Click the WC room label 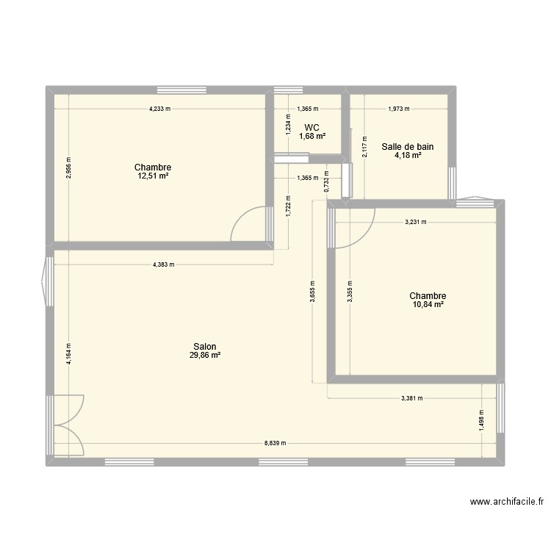click(311, 127)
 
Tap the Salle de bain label click(407, 146)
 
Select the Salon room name click(205, 346)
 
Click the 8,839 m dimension click(275, 443)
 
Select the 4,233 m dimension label click(160, 109)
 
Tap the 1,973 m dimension click(398, 109)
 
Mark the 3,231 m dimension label click(415, 221)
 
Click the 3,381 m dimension click(412, 398)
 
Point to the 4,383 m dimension click(163, 264)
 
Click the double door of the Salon click(68, 425)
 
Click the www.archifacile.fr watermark click(506, 503)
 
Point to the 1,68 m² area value click(311, 136)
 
